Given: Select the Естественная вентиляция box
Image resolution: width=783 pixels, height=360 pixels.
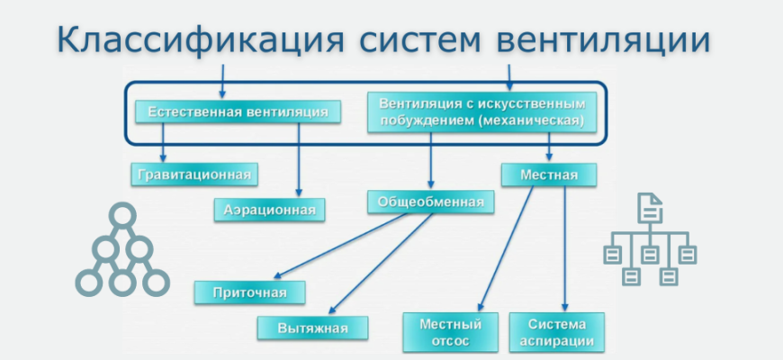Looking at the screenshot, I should tap(238, 112).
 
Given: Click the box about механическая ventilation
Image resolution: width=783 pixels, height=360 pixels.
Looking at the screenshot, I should tap(482, 111).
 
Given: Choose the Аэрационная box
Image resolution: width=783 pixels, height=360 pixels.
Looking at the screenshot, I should tap(269, 210).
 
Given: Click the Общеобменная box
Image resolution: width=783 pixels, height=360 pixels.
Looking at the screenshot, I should tap(430, 202).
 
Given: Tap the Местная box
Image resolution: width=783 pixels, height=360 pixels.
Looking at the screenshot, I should tap(549, 174).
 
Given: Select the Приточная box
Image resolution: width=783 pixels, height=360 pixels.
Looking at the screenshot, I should tap(249, 292).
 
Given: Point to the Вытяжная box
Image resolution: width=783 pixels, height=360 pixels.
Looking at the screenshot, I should tap(313, 328).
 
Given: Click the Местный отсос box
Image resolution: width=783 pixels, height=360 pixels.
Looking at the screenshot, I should tap(451, 332).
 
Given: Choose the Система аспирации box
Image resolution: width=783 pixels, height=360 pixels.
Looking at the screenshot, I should tap(557, 332).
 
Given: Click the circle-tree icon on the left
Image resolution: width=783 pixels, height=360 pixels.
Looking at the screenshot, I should tap(121, 251).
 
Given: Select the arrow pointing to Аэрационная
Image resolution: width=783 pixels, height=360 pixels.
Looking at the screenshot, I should tap(299, 162).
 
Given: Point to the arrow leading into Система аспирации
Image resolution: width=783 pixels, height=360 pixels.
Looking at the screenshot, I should tap(565, 252).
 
